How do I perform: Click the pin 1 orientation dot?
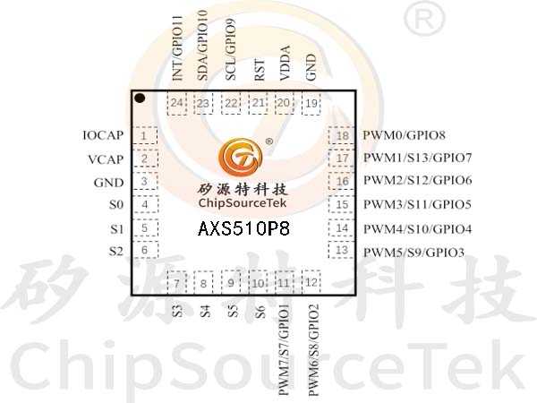[x=140, y=99]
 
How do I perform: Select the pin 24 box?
[x=176, y=103]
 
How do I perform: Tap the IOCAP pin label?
[x=103, y=135]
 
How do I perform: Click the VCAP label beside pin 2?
[x=106, y=159]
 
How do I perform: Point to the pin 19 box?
[x=311, y=103]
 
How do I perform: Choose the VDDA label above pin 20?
[x=285, y=63]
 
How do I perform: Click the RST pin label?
[x=260, y=70]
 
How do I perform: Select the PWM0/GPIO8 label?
[x=405, y=135]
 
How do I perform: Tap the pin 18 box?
[x=342, y=136]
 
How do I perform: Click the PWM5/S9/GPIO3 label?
[x=413, y=253]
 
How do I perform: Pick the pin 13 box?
[x=342, y=250]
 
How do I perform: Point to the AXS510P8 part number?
[x=243, y=228]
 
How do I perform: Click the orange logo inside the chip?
[x=241, y=157]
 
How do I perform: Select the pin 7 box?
[x=176, y=282]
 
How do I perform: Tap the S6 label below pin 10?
[x=260, y=312]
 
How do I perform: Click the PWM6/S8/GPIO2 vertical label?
[x=314, y=349]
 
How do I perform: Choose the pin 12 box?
[x=311, y=282]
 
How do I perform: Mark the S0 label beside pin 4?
[x=116, y=205]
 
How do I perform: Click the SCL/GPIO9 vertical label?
[x=231, y=49]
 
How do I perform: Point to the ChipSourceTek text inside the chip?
[x=243, y=203]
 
